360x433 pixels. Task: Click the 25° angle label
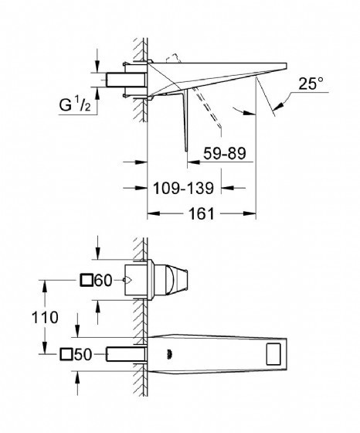click(311, 84)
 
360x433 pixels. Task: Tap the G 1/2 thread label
click(75, 104)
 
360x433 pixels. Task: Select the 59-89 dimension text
click(225, 153)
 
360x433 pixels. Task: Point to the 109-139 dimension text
click(183, 189)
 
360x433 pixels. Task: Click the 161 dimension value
click(202, 213)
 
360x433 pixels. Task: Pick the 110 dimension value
click(45, 317)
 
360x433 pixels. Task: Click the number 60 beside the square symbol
click(104, 281)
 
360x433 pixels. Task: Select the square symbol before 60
click(86, 280)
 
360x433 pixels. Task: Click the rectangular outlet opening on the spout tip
click(273, 353)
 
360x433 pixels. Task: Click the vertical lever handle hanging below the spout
click(185, 120)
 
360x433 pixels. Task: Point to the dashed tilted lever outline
click(208, 107)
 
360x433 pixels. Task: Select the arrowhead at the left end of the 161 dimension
click(154, 213)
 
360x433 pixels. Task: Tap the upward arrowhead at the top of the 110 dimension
click(44, 286)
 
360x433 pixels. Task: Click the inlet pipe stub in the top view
click(126, 80)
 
